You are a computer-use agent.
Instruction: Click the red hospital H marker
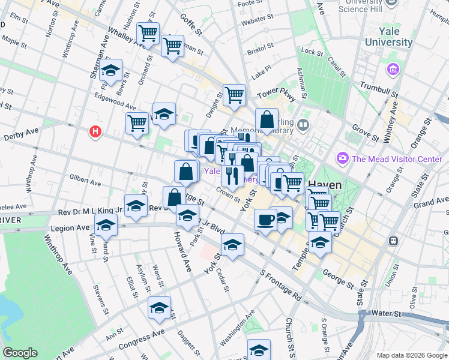point(94,131)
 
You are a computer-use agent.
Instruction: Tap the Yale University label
point(388,37)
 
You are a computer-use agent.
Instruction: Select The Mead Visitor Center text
point(397,159)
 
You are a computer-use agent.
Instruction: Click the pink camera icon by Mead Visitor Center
point(343,158)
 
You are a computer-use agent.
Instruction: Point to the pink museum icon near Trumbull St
point(394,70)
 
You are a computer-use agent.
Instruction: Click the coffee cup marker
point(265,220)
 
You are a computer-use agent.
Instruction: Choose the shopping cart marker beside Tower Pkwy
point(234,94)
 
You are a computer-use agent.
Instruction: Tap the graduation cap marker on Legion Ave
point(106,226)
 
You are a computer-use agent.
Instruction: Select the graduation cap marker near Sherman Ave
point(110,71)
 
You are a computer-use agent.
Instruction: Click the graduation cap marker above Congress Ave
point(158,307)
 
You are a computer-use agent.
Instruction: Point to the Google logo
point(20,353)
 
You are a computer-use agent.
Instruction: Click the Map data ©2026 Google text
point(412,355)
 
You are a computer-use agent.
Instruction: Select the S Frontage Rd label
point(280,285)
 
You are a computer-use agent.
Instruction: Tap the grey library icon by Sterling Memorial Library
point(303,125)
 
